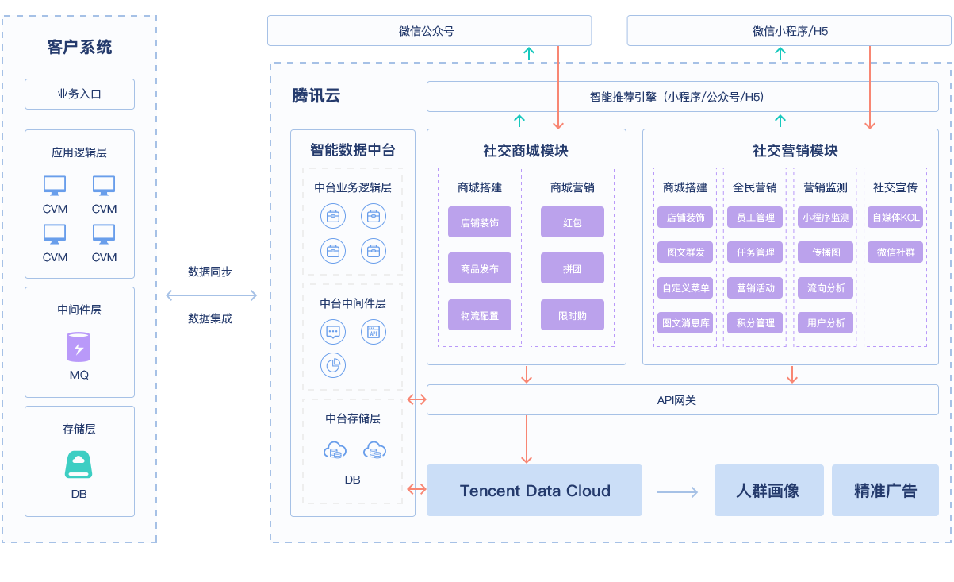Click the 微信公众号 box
(x=429, y=31)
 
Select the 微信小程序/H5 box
(x=789, y=31)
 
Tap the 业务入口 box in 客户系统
(x=79, y=94)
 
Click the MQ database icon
(x=79, y=347)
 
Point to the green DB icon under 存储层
(x=79, y=464)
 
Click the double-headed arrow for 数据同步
(x=211, y=295)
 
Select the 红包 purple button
(x=573, y=222)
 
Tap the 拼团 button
(x=573, y=268)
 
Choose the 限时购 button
(x=573, y=315)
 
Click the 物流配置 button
(x=480, y=315)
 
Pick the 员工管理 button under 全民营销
(x=755, y=218)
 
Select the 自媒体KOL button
(x=895, y=218)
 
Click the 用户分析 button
(x=826, y=322)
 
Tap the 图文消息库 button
(x=685, y=322)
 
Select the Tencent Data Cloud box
(x=534, y=491)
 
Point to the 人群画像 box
(x=768, y=491)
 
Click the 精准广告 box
(x=885, y=491)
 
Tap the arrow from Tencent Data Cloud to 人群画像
(x=677, y=492)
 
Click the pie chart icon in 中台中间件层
(x=333, y=365)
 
